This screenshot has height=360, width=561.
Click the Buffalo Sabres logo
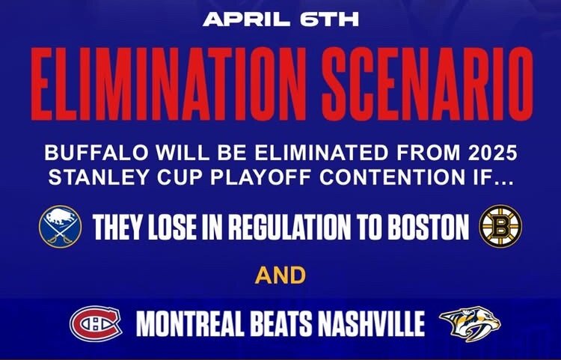point(60,227)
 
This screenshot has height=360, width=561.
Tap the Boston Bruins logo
point(500,226)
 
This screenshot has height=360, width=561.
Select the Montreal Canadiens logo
point(96,323)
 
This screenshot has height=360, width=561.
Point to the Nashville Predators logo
point(470,324)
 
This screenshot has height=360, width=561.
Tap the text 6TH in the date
point(329,19)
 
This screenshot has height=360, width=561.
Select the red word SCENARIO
point(427,84)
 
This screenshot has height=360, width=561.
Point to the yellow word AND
point(280,275)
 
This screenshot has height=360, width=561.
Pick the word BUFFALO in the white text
point(96,153)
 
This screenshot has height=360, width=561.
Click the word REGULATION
point(289,227)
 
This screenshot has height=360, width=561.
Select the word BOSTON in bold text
point(429,227)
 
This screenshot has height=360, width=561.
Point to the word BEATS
point(280,324)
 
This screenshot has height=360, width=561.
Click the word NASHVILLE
point(371,324)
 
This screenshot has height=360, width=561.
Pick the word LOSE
point(172,227)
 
